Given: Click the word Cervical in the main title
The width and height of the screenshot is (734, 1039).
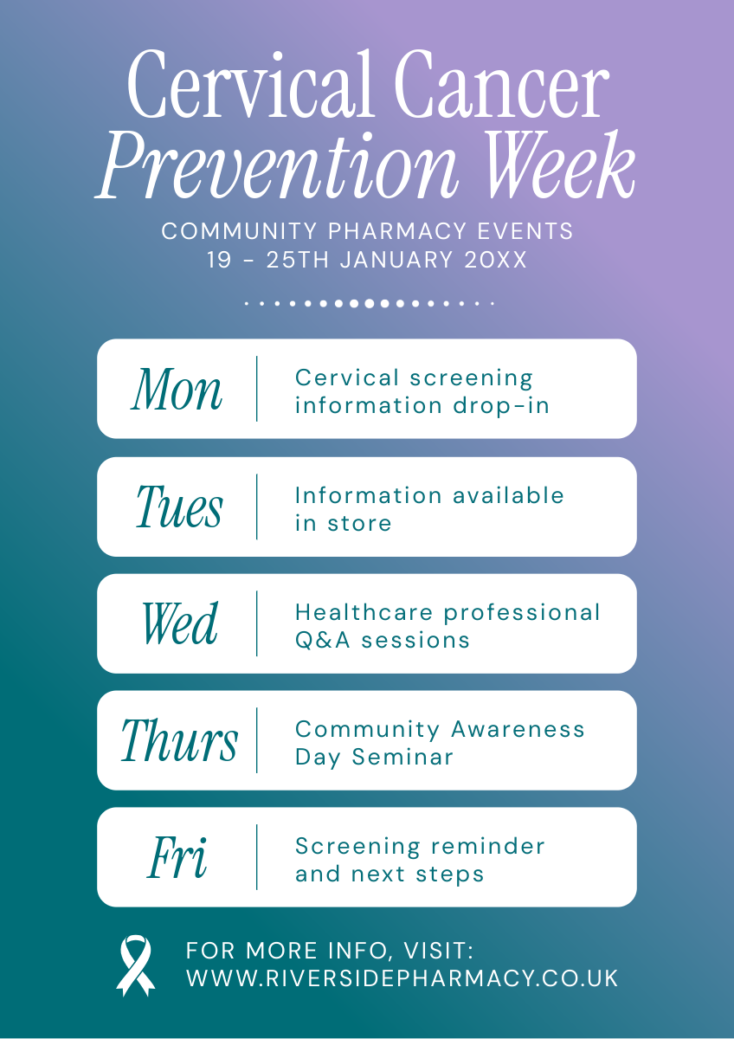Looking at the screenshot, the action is point(251,84).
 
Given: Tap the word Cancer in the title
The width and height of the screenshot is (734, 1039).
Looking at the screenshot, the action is point(502,84).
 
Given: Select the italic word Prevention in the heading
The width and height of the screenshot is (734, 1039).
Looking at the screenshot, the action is point(277,165).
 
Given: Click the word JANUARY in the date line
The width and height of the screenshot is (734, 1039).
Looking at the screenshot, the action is point(396,260).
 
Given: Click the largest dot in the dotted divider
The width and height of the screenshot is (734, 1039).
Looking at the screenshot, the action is point(369,304).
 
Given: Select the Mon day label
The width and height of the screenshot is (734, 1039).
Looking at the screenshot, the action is point(177,390).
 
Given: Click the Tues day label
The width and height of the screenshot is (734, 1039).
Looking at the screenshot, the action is point(179,507).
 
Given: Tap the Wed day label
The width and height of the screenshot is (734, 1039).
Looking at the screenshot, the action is point(180,623).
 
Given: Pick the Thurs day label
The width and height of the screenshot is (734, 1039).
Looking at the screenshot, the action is point(179,740).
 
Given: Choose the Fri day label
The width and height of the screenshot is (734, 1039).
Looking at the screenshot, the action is point(177,857).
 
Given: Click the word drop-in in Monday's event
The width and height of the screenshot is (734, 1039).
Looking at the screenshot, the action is point(501,406).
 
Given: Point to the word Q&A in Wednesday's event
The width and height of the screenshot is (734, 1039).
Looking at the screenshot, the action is point(323,641).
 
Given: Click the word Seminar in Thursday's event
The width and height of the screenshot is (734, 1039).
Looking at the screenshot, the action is point(402,758).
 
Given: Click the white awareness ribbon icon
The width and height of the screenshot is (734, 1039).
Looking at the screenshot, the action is point(135,965).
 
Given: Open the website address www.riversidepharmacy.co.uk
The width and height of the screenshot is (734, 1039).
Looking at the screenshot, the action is point(402,978).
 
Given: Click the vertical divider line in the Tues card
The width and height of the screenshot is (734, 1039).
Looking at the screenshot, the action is point(257,507).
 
